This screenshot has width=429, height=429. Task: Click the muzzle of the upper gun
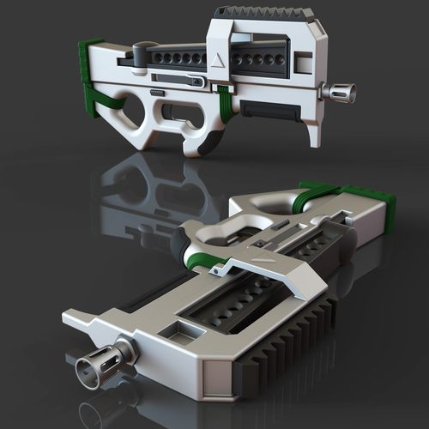pyautogui.click(x=342, y=92)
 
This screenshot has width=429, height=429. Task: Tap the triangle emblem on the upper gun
pyautogui.click(x=216, y=59)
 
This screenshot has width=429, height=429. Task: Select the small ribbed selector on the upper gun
pyautogui.click(x=157, y=92)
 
